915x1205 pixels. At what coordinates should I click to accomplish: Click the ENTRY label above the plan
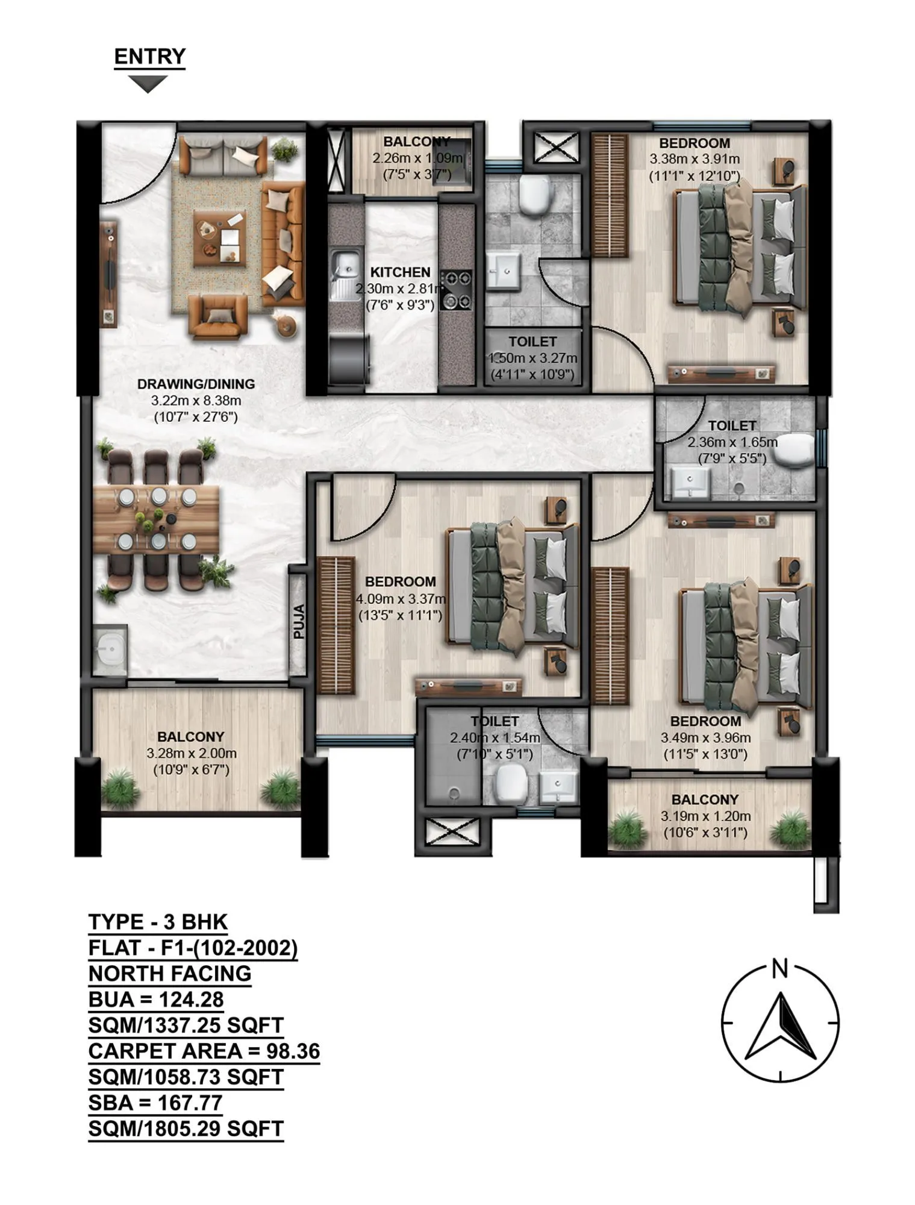click(x=149, y=57)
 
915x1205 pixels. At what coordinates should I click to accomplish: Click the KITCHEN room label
click(x=400, y=272)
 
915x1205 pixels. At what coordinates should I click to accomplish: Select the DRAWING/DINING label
click(x=196, y=384)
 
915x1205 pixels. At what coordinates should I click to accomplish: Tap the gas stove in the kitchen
click(x=456, y=290)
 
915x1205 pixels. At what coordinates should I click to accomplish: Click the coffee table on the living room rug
click(x=220, y=239)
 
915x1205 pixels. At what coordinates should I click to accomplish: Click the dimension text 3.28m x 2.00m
click(x=191, y=753)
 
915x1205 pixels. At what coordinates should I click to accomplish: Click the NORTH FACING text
click(x=169, y=974)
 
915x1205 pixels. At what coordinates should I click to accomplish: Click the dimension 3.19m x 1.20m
click(x=705, y=816)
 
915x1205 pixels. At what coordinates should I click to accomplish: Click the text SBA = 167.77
click(x=155, y=1103)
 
